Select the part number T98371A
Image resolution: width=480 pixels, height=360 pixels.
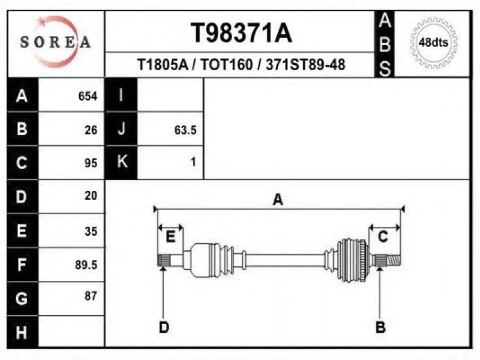point(241,33)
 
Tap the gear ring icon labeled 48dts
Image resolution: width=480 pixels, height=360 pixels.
point(433,42)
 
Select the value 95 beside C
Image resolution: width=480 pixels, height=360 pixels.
point(91,163)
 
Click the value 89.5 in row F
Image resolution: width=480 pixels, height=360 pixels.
point(86,264)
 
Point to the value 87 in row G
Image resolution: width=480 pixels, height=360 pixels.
point(91,296)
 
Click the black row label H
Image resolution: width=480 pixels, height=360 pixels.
point(22,332)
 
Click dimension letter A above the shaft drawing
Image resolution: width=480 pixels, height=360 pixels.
point(278,200)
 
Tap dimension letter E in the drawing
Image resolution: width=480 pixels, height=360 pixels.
point(170,236)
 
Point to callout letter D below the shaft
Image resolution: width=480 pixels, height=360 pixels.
point(164,327)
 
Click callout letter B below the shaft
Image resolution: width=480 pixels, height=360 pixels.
point(380,327)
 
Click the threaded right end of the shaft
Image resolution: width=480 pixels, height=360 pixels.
point(392,260)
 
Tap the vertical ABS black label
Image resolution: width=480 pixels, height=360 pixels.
point(385,44)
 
